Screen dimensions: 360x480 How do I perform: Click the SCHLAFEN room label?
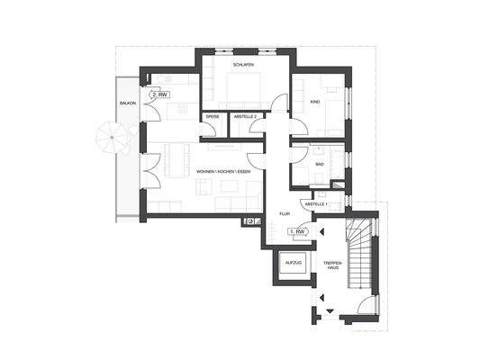click(242, 66)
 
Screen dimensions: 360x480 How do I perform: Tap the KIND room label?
click(314, 103)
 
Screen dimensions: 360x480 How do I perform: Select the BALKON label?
click(127, 103)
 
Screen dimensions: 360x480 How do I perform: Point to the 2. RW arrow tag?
click(161, 94)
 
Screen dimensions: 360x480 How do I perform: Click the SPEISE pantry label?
click(213, 117)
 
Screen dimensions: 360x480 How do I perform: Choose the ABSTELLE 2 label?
click(245, 117)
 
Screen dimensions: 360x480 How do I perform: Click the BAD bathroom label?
click(320, 165)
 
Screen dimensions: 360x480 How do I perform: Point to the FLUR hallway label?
click(285, 214)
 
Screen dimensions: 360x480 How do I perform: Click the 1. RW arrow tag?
click(297, 232)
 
